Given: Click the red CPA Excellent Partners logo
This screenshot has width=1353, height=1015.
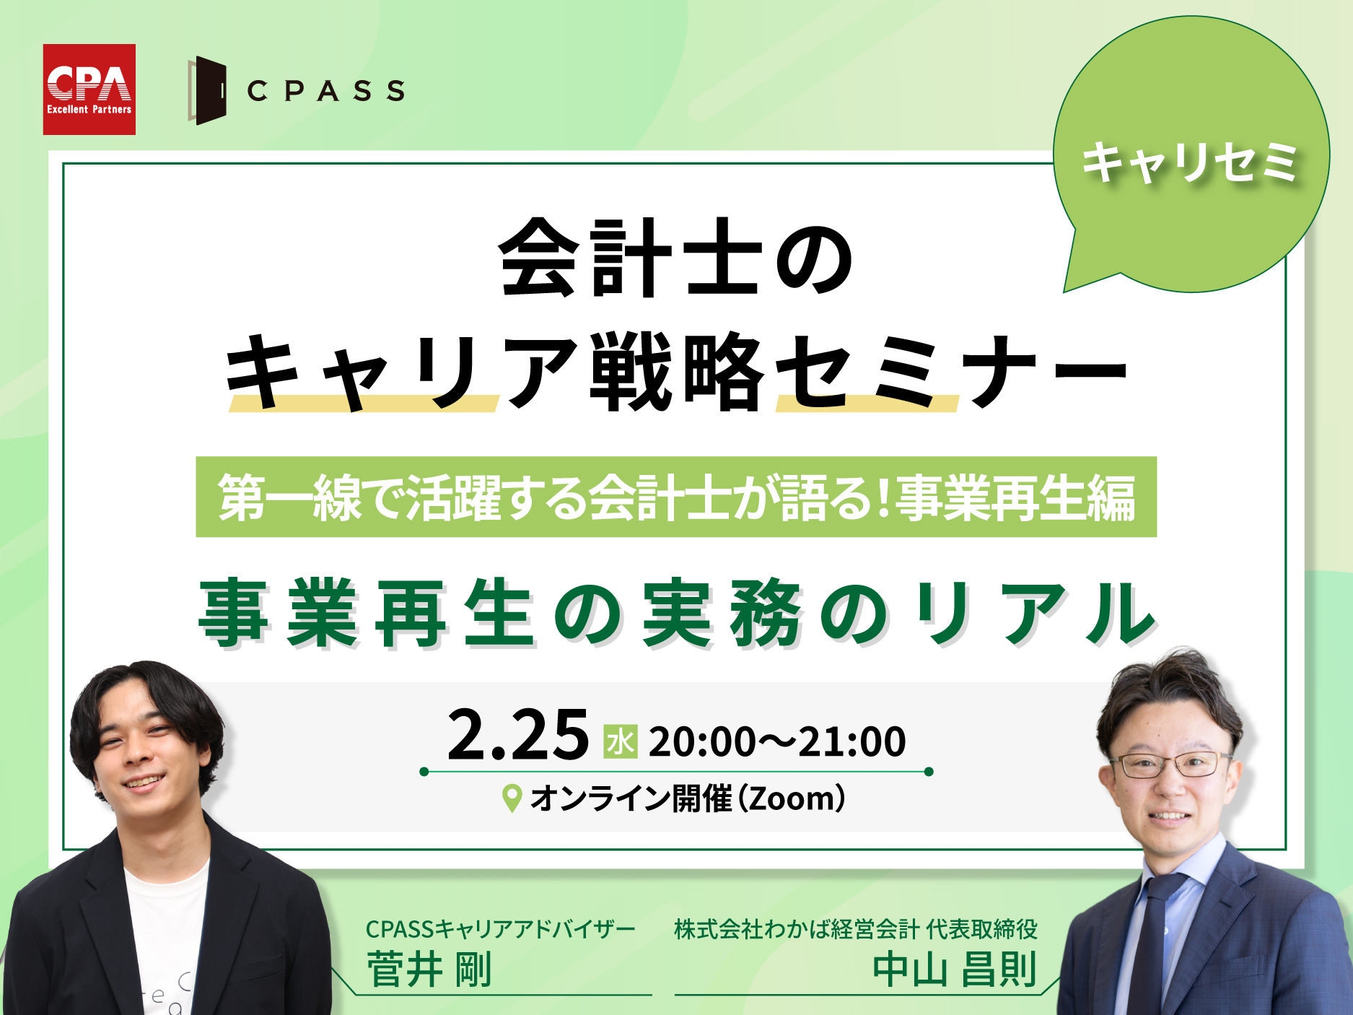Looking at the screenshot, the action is click(x=89, y=90).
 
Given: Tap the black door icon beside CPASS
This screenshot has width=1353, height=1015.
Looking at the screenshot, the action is click(x=207, y=90).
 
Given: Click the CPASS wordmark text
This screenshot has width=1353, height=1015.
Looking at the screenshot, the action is click(x=325, y=91).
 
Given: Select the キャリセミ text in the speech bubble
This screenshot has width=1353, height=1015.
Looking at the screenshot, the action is click(x=1190, y=162).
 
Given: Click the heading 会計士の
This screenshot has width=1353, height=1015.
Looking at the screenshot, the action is click(x=677, y=258).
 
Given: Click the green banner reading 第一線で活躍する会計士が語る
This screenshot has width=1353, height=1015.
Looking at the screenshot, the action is click(x=676, y=497).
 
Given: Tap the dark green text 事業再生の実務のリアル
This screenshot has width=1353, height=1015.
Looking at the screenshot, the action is click(x=677, y=614).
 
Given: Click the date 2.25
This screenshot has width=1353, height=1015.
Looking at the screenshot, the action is click(x=518, y=735).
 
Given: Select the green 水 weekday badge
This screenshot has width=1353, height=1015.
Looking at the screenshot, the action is click(x=621, y=741).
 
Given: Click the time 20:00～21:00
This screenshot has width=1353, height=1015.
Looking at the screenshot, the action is click(x=777, y=741).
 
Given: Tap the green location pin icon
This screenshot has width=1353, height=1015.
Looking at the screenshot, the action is click(x=512, y=798).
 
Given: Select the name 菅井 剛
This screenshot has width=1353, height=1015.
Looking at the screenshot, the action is click(x=429, y=969).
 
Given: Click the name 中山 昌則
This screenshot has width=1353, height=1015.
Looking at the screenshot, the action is click(x=955, y=969).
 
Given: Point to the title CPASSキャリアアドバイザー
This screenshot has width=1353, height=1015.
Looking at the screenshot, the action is click(x=500, y=929).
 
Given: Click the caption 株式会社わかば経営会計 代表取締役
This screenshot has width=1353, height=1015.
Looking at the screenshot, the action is click(x=856, y=929).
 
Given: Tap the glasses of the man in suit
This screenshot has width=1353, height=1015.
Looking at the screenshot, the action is click(x=1170, y=764).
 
